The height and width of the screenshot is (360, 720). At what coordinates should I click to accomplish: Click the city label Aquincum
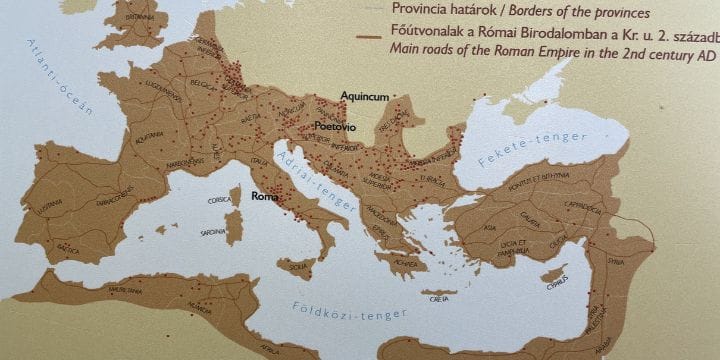pos(363,96)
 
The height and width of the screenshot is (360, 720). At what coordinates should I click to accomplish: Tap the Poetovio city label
pos(336,127)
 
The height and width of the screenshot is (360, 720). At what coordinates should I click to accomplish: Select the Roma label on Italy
pos(264,197)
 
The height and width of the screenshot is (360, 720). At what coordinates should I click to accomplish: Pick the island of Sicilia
pos(297,266)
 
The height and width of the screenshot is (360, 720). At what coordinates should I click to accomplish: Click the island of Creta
pos(438,298)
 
